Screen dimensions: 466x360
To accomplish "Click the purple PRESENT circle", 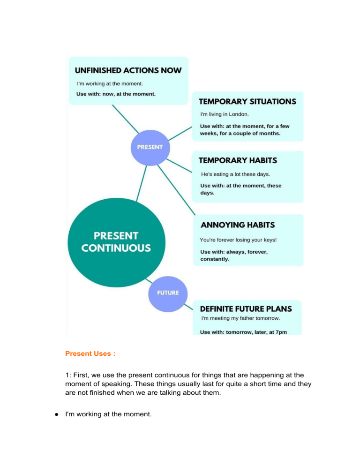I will coord(150,147).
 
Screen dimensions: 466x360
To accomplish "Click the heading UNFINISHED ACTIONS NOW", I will coord(128,70).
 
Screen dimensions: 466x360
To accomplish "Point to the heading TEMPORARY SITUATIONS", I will coord(247,101).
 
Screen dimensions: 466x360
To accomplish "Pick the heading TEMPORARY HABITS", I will coord(238,160).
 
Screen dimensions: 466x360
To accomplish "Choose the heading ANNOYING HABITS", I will coord(237,225).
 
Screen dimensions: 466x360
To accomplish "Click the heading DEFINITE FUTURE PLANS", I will coord(246,309).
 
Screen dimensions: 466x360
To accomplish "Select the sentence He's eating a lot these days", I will coord(235,174).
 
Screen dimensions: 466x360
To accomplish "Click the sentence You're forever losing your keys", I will coord(238,240).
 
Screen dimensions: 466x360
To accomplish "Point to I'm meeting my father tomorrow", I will coord(240,318).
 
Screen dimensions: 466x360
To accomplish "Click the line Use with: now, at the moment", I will coord(116,94).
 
